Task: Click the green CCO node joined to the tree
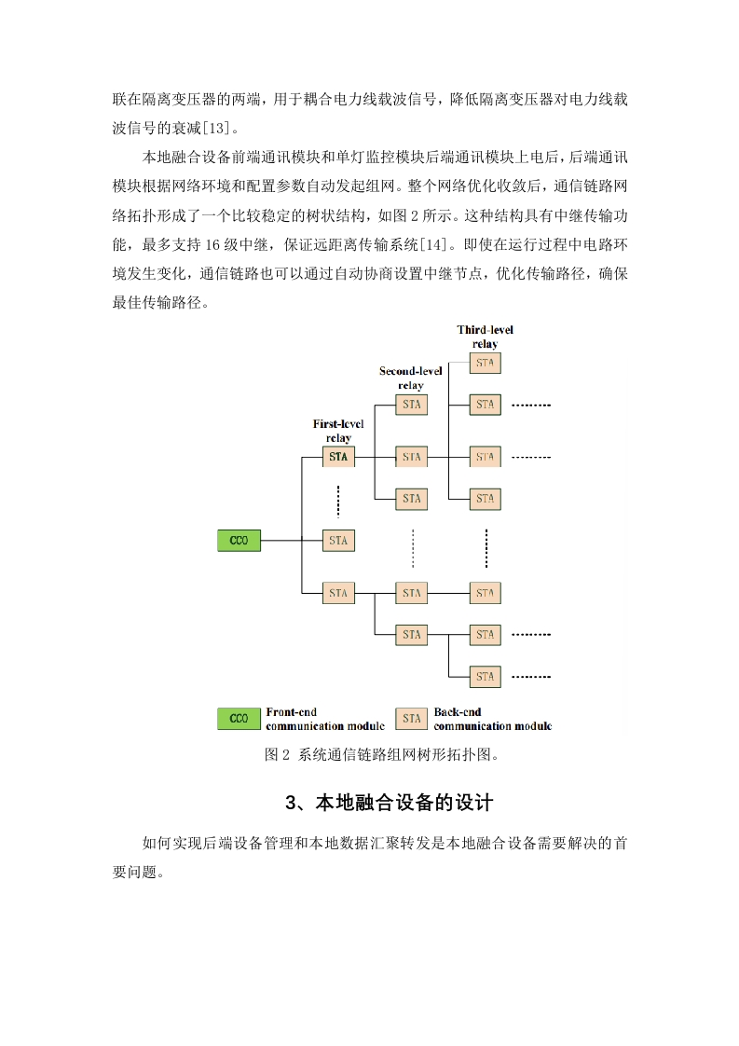239,541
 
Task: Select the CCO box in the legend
239,719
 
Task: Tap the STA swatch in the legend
412,719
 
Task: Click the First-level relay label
338,431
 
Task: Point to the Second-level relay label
411,378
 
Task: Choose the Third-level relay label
485,337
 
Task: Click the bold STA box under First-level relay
338,457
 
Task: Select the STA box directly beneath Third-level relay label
485,363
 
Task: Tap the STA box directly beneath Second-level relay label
412,405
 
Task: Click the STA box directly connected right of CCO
338,541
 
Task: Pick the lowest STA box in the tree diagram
485,677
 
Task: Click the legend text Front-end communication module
325,719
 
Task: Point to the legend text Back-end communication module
493,719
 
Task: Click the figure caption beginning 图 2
381,754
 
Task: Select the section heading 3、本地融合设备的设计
390,803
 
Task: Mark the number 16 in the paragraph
212,245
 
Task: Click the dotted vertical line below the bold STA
338,501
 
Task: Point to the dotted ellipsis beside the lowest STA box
531,677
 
